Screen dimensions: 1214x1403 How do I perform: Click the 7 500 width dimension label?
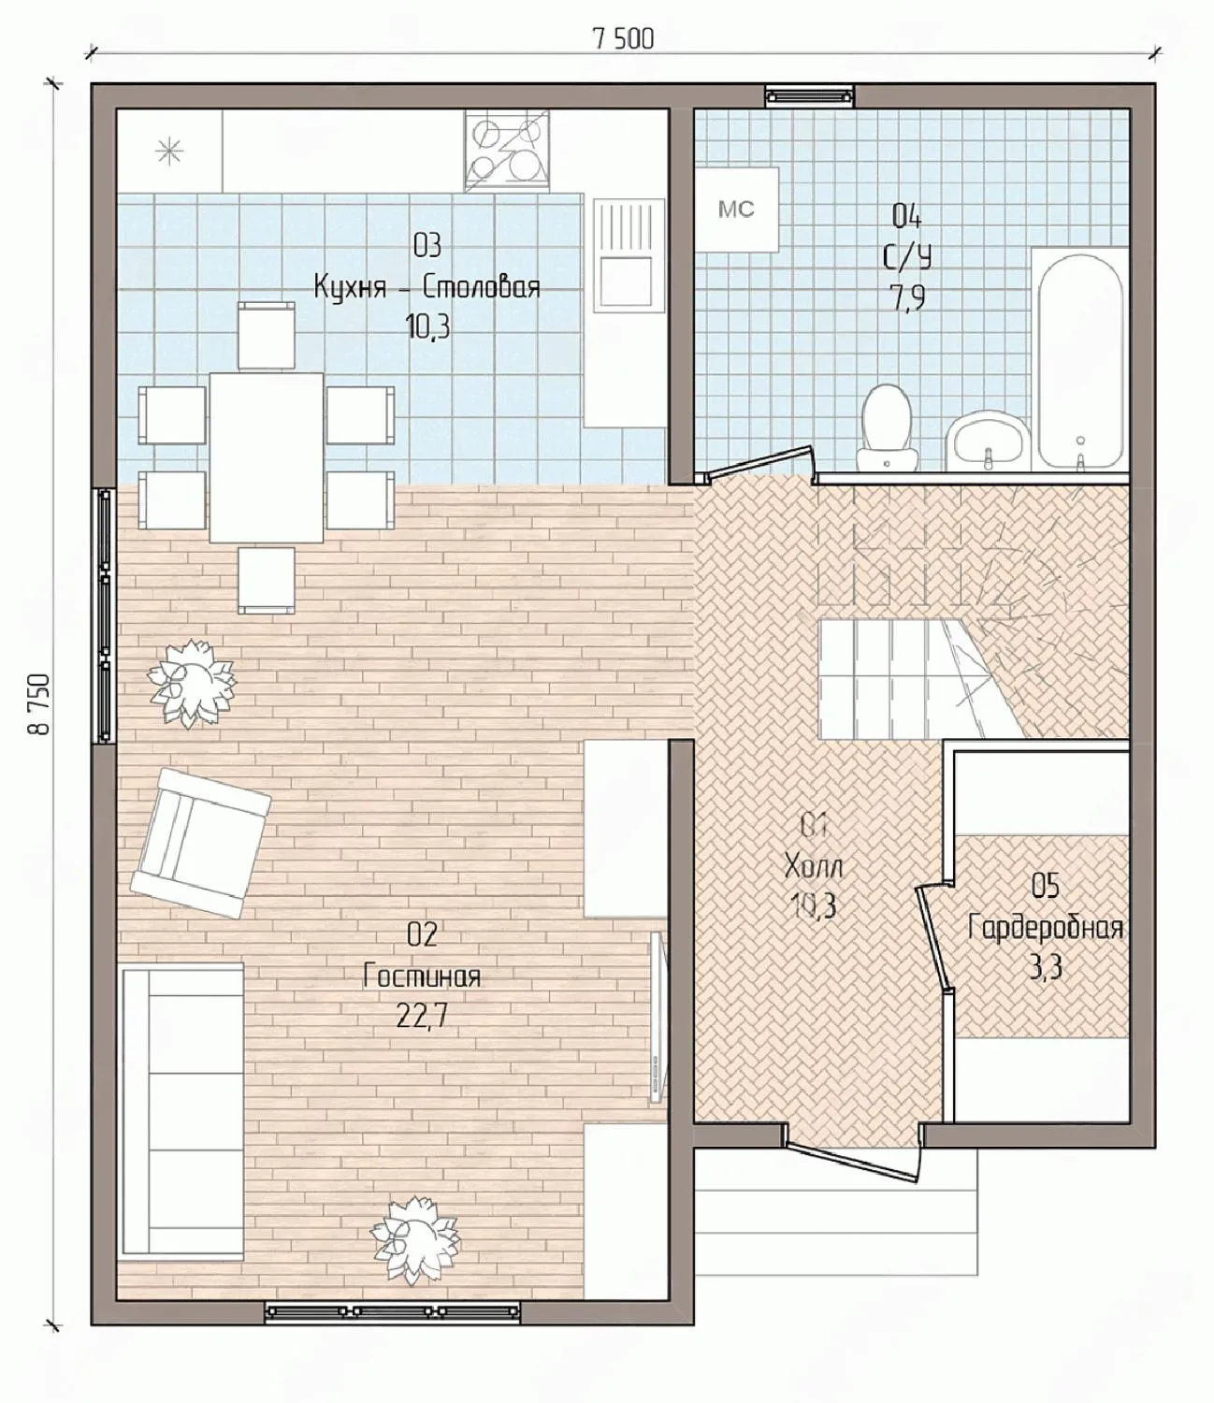point(624,39)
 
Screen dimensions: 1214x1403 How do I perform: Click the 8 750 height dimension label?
point(38,704)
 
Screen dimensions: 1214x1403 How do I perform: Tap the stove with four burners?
point(506,150)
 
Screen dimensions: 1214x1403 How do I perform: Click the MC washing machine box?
point(736,210)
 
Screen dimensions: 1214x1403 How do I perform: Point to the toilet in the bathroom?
point(887,427)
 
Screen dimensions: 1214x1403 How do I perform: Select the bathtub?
point(1079,360)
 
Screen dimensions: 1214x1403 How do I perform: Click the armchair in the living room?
point(200,843)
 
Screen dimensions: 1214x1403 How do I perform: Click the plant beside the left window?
point(192,684)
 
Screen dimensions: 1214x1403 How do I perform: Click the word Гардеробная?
point(1046,928)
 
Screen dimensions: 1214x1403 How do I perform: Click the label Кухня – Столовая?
point(426,288)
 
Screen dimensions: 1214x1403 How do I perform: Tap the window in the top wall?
point(810,95)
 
